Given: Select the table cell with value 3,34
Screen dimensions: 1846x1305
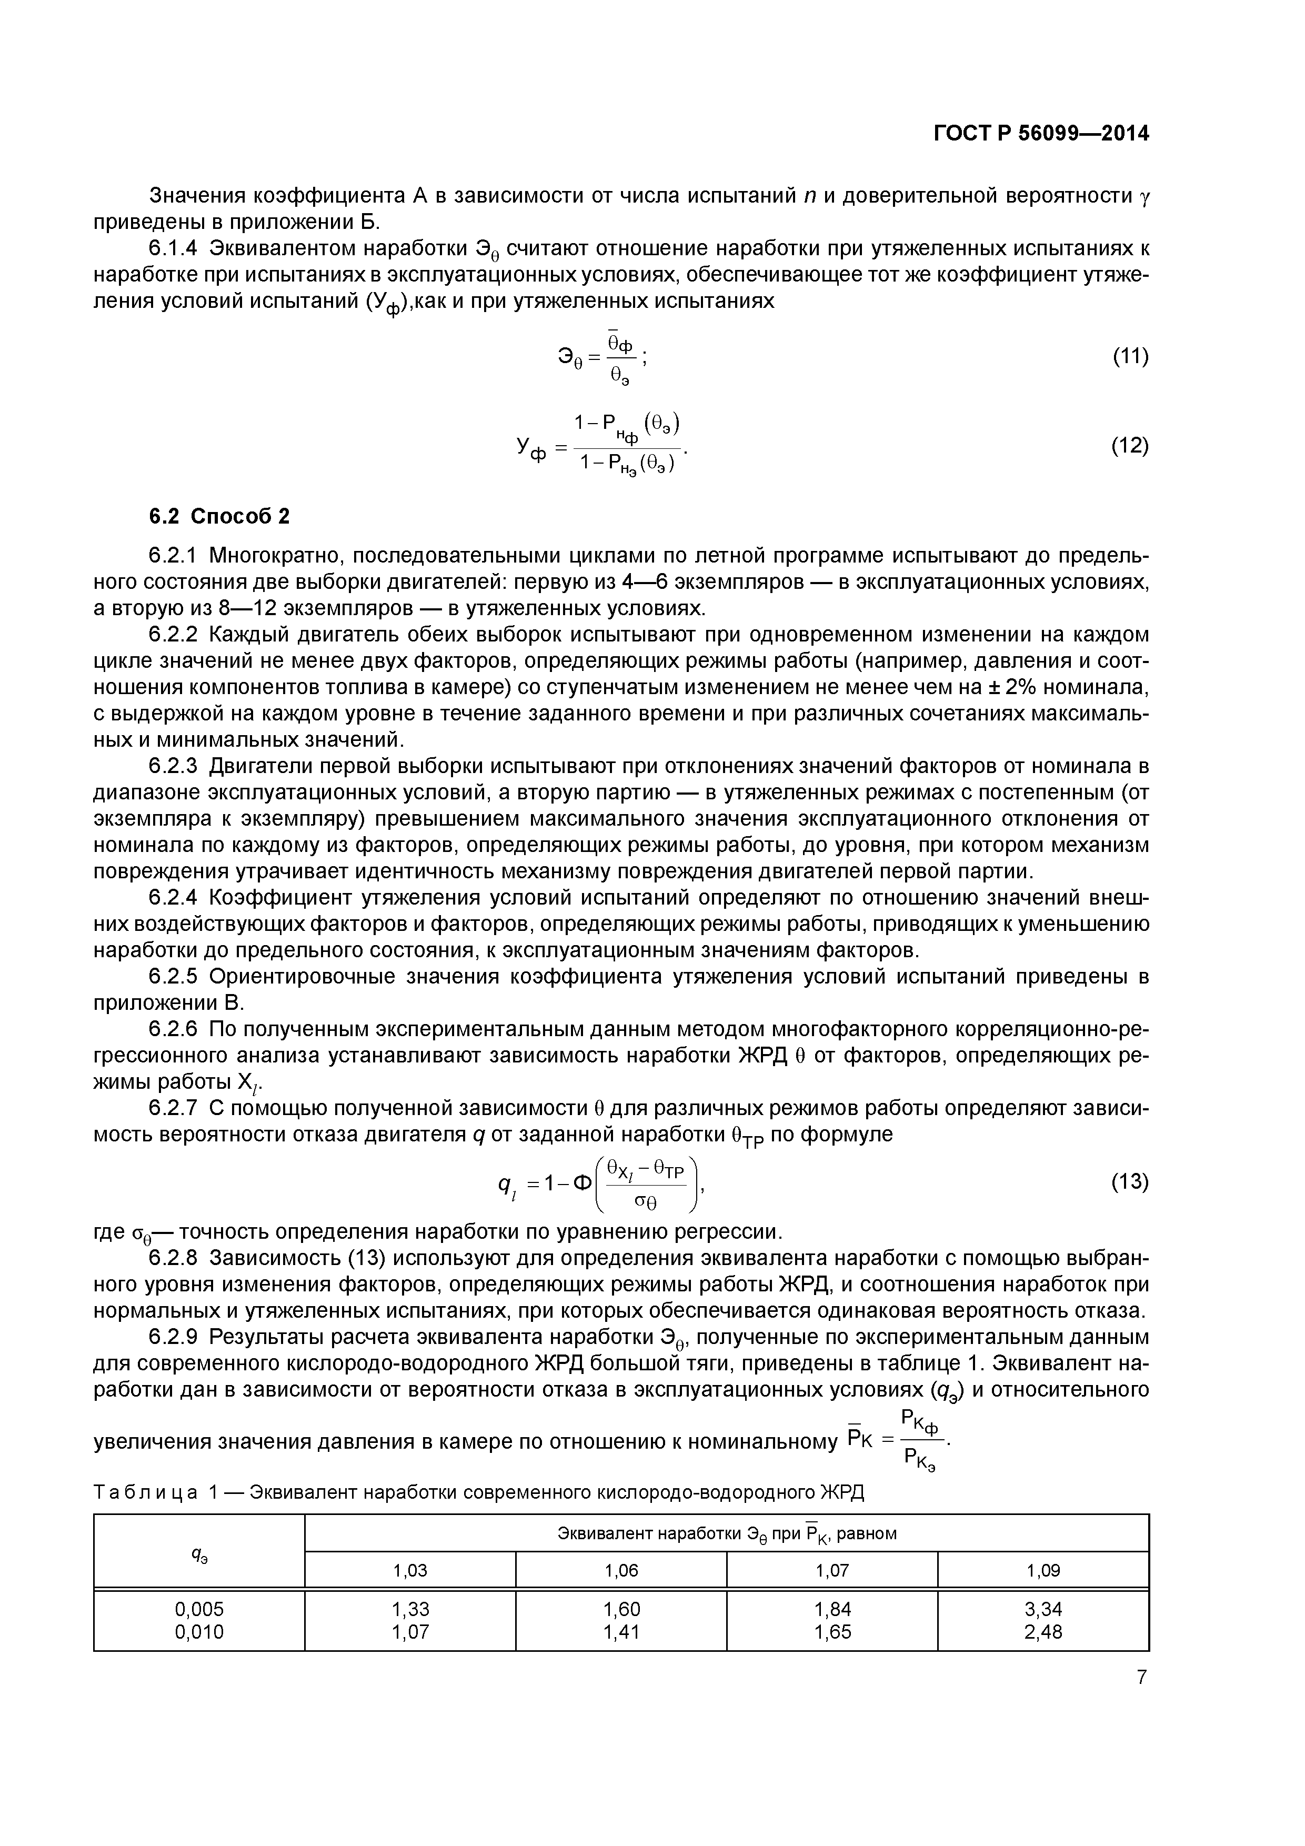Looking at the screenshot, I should coord(1043,1609).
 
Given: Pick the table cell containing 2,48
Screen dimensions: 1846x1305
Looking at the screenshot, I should coord(1043,1631).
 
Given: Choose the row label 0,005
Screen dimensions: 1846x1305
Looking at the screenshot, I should coord(199,1609).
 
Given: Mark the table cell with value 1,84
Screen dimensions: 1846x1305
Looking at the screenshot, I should coord(832,1609).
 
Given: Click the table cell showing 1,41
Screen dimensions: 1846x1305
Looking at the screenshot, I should coord(621,1631).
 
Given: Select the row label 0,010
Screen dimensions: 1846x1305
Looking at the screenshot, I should coord(199,1631).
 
